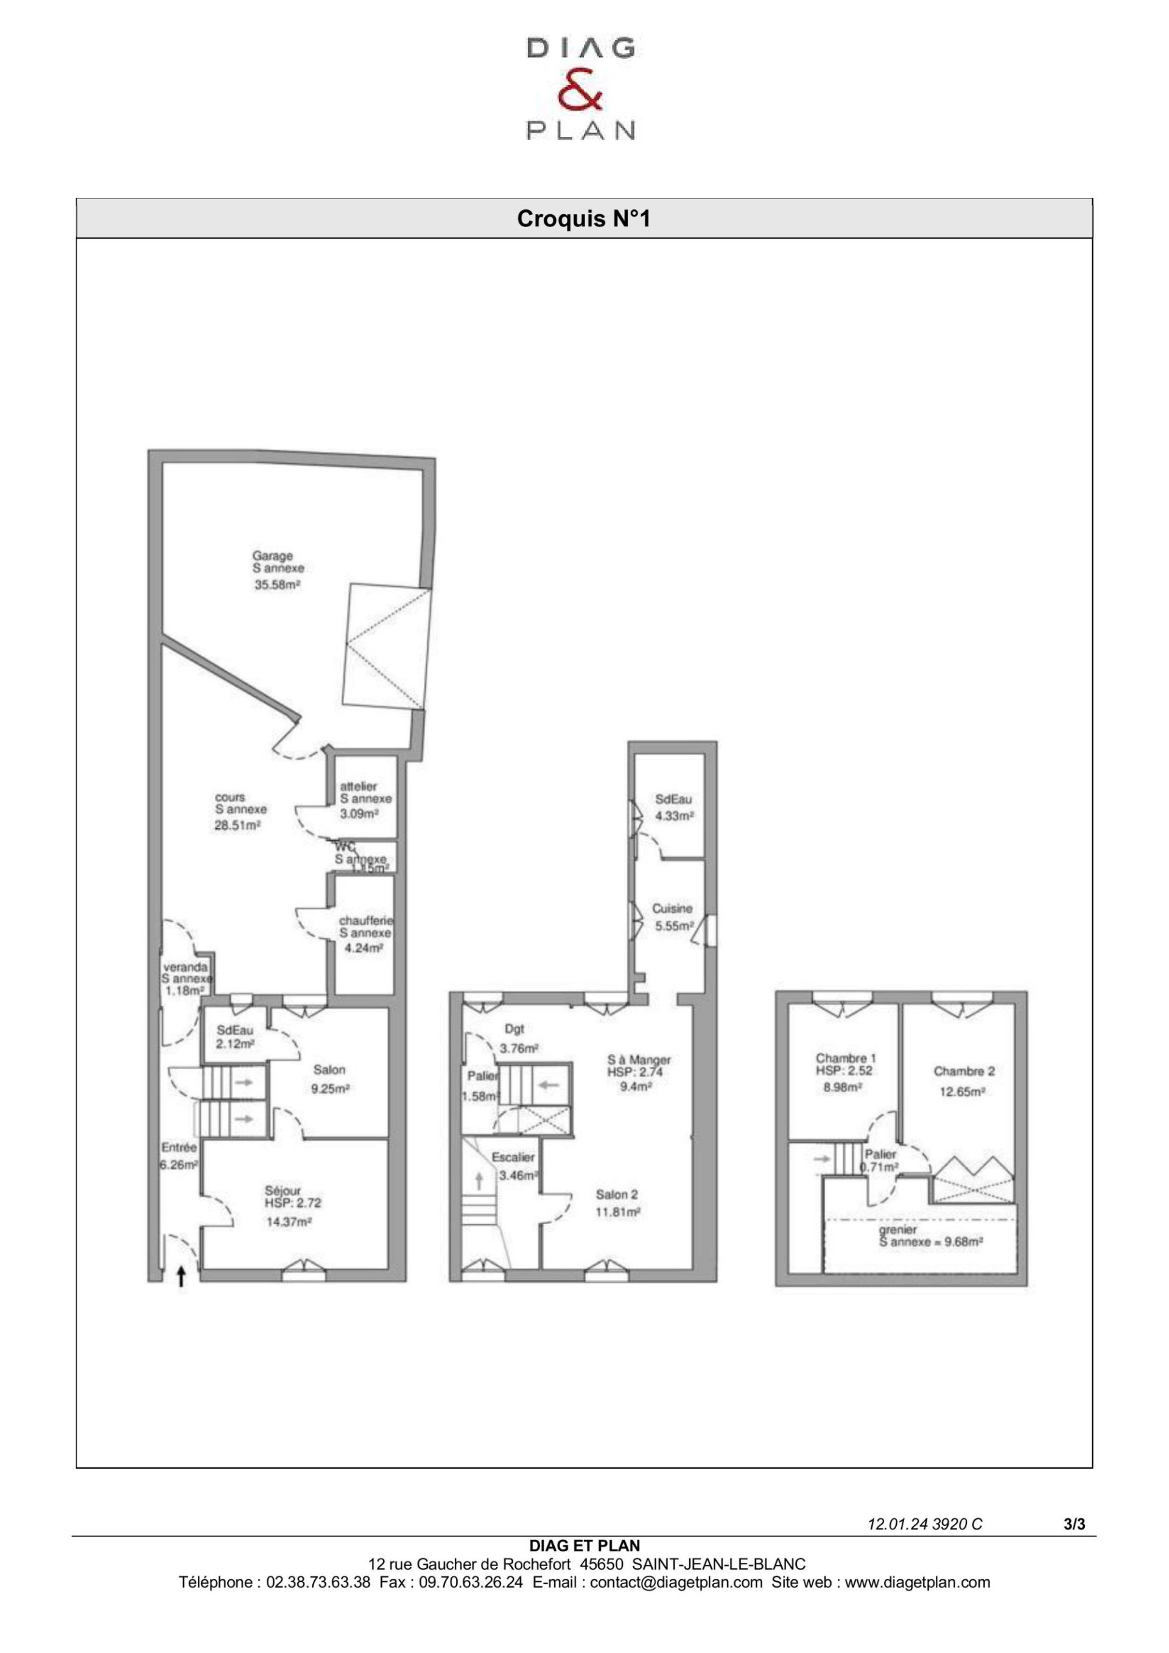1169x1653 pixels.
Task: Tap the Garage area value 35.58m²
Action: coord(276,585)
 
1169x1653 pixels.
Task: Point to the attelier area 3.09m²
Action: coord(359,814)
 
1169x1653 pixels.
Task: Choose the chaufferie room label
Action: coord(366,921)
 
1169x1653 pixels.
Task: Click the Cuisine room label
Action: coord(672,909)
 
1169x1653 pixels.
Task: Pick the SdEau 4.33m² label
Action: coord(673,807)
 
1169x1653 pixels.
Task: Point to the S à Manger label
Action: coord(639,1060)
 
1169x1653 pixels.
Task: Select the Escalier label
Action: coord(513,1157)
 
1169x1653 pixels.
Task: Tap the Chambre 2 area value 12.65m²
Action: coord(962,1091)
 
